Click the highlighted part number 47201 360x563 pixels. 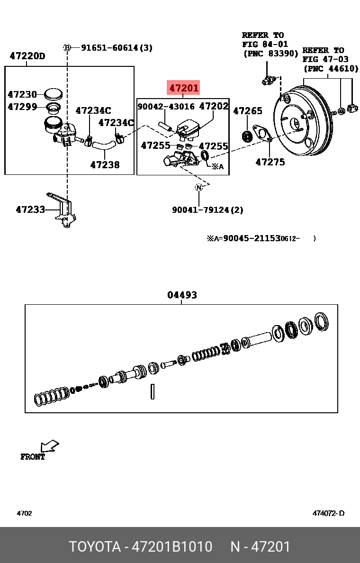pyautogui.click(x=184, y=88)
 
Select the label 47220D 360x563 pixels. pyautogui.click(x=27, y=56)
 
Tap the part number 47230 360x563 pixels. pyautogui.click(x=22, y=95)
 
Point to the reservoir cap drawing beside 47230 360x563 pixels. pyautogui.click(x=53, y=94)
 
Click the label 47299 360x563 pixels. pyautogui.click(x=22, y=107)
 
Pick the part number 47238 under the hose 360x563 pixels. pyautogui.click(x=105, y=165)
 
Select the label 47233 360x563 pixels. pyautogui.click(x=30, y=209)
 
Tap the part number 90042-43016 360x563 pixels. pyautogui.click(x=166, y=107)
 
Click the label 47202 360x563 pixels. pyautogui.click(x=214, y=106)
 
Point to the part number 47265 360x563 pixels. pyautogui.click(x=248, y=111)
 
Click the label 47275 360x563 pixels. pyautogui.click(x=270, y=162)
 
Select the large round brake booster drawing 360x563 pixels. pyautogui.click(x=303, y=125)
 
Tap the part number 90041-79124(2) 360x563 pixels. pyautogui.click(x=207, y=209)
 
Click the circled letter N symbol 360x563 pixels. pyautogui.click(x=199, y=188)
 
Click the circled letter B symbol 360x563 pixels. pyautogui.click(x=67, y=47)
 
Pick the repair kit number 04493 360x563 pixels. pyautogui.click(x=182, y=295)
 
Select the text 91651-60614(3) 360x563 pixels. pyautogui.click(x=117, y=47)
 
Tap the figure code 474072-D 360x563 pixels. pyautogui.click(x=328, y=513)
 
